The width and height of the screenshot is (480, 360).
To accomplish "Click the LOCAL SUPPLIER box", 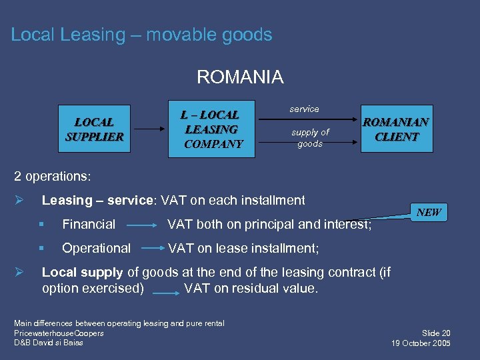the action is coord(94,129).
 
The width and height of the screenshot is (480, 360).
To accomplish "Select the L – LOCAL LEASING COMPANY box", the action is coord(212,129).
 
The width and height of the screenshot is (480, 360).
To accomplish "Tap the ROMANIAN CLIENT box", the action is coord(397,129).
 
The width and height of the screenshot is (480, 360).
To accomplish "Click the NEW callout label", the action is coord(429,212).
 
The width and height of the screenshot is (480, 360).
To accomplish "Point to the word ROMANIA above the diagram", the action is coord(240,77).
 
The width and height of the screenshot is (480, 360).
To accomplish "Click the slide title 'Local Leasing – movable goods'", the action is coord(141,35).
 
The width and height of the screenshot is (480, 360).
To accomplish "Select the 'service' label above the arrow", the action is coord(304,109).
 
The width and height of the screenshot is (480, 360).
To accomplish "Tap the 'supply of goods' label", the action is coord(310,138).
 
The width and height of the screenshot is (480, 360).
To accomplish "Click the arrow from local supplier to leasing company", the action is coord(147,129).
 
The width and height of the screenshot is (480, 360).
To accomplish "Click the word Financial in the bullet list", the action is coord(89,225).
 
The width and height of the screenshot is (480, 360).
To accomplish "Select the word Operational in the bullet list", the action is coord(96,248).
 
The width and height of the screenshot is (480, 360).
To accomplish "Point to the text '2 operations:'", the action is coord(53,177).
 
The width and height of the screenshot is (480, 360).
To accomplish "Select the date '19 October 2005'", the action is coord(422,343).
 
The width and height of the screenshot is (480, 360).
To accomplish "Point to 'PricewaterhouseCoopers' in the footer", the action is coord(59,333).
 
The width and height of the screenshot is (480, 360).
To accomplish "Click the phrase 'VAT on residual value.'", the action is coord(251,289).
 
